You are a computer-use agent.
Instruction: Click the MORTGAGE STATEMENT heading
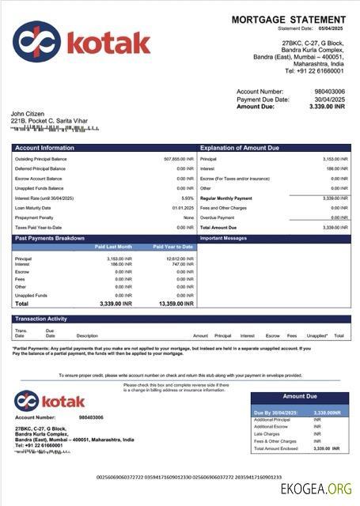coord(290,19)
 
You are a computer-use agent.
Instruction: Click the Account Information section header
coord(44,148)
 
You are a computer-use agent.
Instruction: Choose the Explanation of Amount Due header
coord(241,148)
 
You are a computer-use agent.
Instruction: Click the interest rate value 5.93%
coord(188,198)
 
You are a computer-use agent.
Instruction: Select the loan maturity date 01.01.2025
coord(183,208)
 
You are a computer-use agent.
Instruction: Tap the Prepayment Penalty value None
coord(188,217)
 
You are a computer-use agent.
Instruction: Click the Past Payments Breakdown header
coord(49,237)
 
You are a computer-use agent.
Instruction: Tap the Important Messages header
coord(224,237)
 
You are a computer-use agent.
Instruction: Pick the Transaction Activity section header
coord(42,319)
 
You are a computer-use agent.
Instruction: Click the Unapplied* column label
coord(316,335)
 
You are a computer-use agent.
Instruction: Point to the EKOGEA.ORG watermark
coord(314,488)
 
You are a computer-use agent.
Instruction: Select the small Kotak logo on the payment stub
coord(49,401)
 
